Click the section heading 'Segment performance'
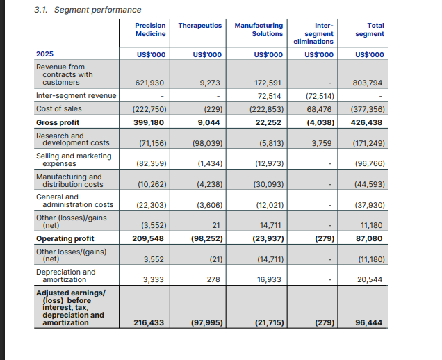click(x=97, y=10)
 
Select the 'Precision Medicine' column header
click(x=150, y=29)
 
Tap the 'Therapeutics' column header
click(x=200, y=25)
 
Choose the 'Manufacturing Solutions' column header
click(x=259, y=29)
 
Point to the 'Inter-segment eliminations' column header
click(x=319, y=33)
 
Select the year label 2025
click(x=45, y=54)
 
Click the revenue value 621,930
click(x=149, y=83)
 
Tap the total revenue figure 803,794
click(x=368, y=83)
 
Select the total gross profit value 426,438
click(x=368, y=122)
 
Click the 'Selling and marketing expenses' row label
click(x=73, y=160)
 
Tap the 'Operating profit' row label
click(x=65, y=238)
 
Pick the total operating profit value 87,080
click(x=370, y=238)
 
